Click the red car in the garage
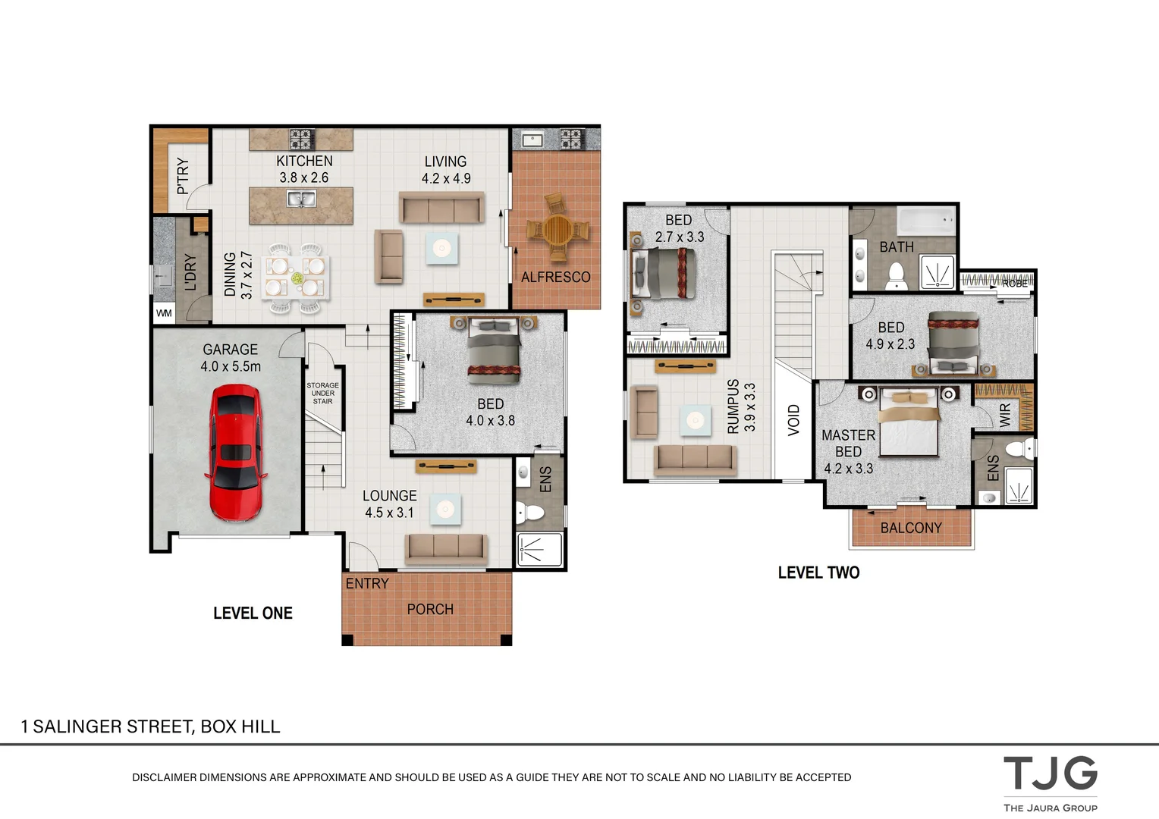coord(235,453)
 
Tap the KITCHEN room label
coord(304,161)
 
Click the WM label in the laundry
coord(164,313)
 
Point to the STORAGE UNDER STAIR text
coord(322,393)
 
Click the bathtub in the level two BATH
coord(926,221)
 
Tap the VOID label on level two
coord(793,419)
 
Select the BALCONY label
coord(911,528)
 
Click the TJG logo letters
coord(1050,773)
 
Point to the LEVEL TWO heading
coord(818,573)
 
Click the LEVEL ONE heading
coord(253,613)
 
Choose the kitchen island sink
coord(301,199)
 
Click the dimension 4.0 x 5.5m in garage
coord(231,366)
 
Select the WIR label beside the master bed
coord(1005,413)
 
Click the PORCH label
coord(430,609)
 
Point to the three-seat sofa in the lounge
coord(445,548)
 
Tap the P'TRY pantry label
coord(183,176)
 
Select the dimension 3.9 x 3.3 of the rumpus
coord(749,407)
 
